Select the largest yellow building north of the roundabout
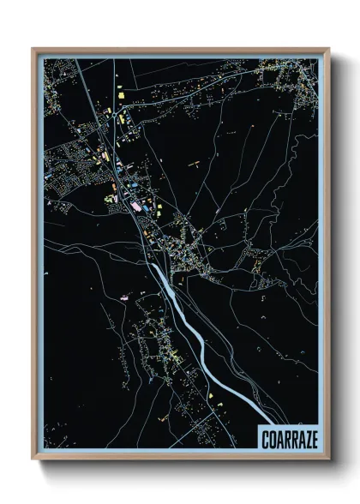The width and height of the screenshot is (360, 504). point(121,92)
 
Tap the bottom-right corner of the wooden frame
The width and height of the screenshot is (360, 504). point(328,459)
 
